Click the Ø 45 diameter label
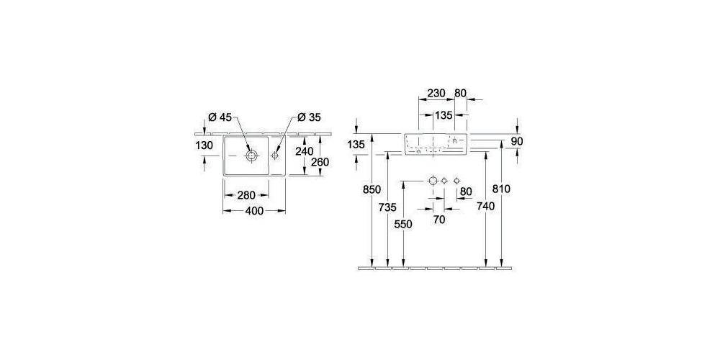pos(220,117)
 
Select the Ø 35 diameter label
pos(309,117)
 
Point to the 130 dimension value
pos(204,145)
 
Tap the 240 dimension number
pos(305,150)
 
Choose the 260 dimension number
pos(320,162)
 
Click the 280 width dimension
pos(246,195)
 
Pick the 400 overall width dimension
pos(254,211)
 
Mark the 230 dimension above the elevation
pos(436,93)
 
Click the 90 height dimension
pos(517,141)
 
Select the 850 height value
pos(372,189)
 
